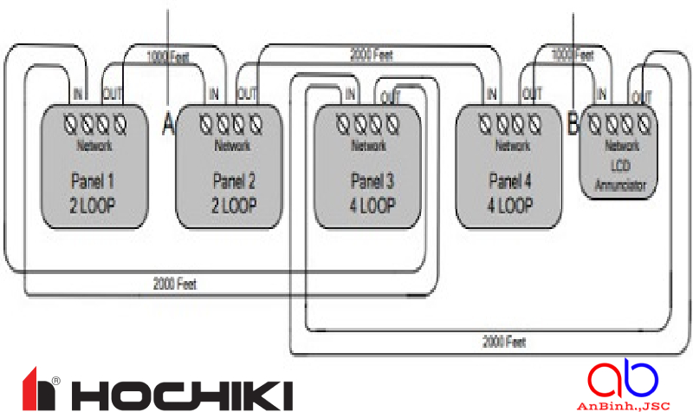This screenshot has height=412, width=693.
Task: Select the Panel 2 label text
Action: click(x=233, y=182)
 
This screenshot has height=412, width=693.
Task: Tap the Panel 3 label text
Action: click(x=372, y=182)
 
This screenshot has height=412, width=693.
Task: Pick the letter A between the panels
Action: click(x=169, y=126)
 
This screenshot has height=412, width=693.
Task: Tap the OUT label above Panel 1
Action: click(x=113, y=94)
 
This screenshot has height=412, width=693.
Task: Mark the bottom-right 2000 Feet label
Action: click(x=503, y=342)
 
